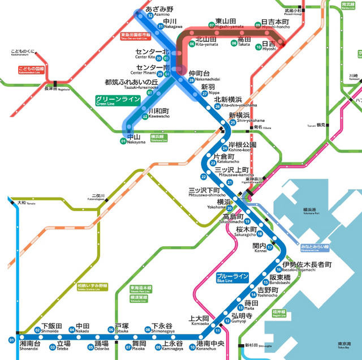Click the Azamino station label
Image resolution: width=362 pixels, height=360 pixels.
[x=159, y=11]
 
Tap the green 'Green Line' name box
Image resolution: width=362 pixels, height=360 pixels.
[x=118, y=100]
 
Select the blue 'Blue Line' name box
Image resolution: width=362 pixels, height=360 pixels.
[x=232, y=277]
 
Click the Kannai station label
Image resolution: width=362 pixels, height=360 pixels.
[x=259, y=248]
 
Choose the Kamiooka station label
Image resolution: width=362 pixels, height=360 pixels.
[x=199, y=320]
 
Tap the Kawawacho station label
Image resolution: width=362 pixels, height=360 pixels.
[x=158, y=113]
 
